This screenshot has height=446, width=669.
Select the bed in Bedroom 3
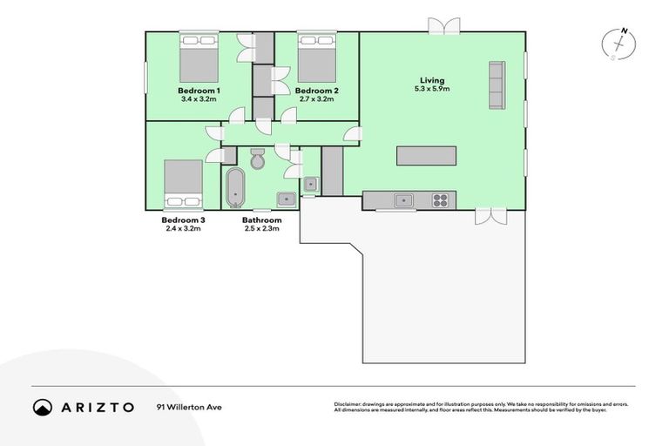[184, 184]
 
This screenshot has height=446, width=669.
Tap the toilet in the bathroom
[258, 159]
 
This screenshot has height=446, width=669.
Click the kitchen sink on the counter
[402, 200]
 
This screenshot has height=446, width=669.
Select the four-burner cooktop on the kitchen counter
[441, 200]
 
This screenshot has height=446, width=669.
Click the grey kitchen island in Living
[427, 155]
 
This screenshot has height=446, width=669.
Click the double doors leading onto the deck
[489, 216]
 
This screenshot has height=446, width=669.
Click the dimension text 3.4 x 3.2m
[199, 99]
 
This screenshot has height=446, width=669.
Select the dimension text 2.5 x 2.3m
[261, 229]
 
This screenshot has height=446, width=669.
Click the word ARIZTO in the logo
[97, 407]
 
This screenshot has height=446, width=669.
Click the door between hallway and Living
[351, 132]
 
